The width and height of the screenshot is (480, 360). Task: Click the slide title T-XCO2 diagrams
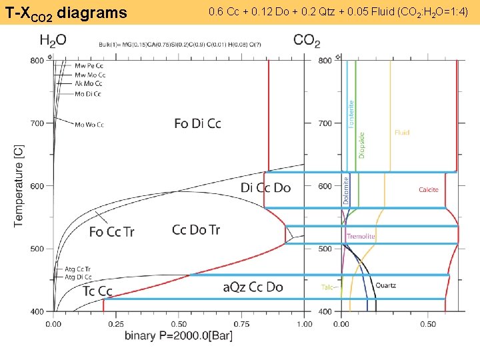66,12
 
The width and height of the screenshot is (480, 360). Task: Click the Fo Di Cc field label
197,123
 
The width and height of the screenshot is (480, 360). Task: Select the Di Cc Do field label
265,188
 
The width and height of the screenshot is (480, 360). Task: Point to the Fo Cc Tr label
111,232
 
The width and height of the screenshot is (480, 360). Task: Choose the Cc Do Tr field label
196,230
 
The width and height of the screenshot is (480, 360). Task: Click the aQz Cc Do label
253,287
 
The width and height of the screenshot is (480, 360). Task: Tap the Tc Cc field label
97,291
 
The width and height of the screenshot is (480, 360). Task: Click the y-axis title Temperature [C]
19,185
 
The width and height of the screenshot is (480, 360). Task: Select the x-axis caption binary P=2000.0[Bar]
179,336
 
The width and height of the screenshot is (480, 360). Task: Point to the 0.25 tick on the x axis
115,324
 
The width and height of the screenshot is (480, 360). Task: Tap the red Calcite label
429,190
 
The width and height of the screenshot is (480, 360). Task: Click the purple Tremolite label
361,237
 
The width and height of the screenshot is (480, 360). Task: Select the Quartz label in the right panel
385,285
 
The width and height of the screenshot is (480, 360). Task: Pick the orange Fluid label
401,133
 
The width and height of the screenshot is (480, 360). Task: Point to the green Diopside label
361,144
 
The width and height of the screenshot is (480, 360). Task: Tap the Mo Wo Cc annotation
89,125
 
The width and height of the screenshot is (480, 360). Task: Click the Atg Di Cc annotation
78,277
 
